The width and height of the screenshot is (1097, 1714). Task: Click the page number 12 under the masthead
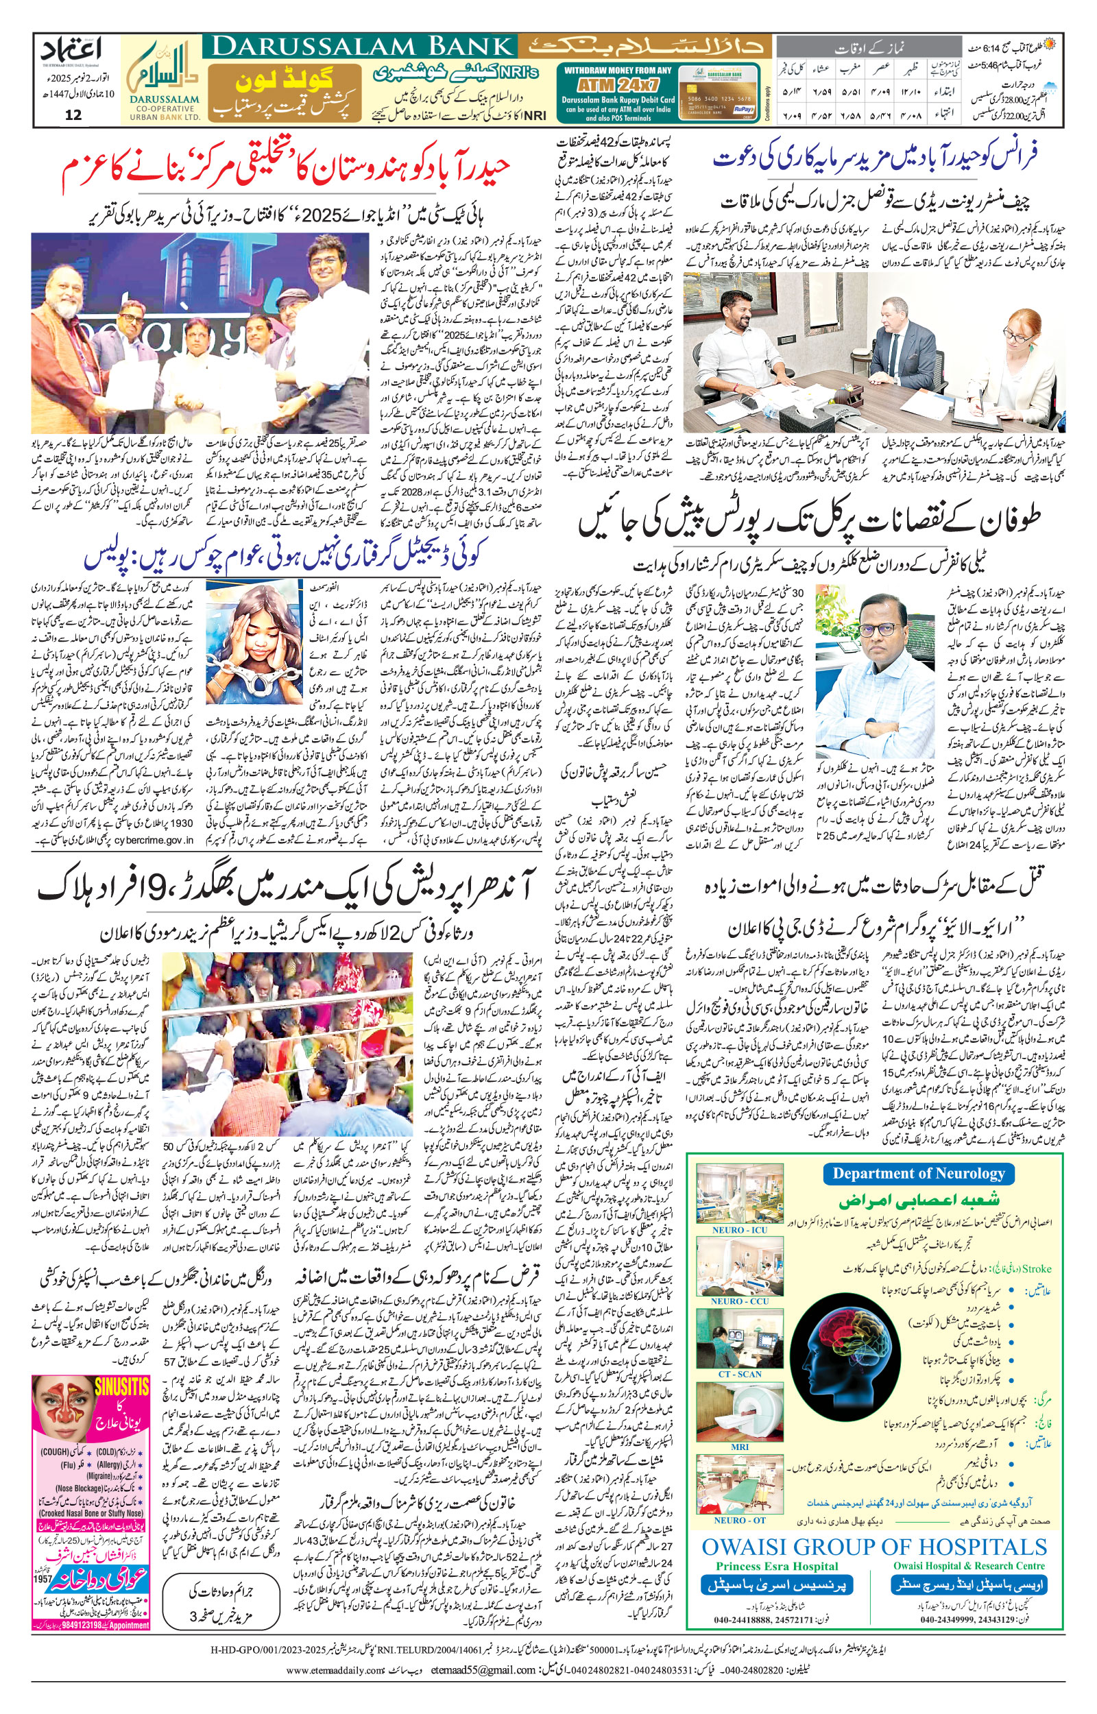(x=73, y=115)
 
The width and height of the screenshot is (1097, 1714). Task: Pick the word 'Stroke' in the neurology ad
(x=1037, y=1269)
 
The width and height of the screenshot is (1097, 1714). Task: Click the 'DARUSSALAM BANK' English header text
(x=360, y=47)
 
